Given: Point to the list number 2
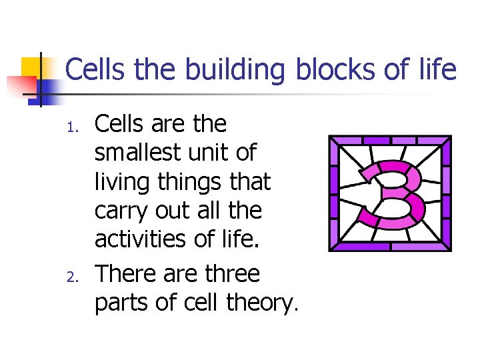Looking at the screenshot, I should [x=76, y=277].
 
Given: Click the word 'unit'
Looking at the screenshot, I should [x=211, y=153].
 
